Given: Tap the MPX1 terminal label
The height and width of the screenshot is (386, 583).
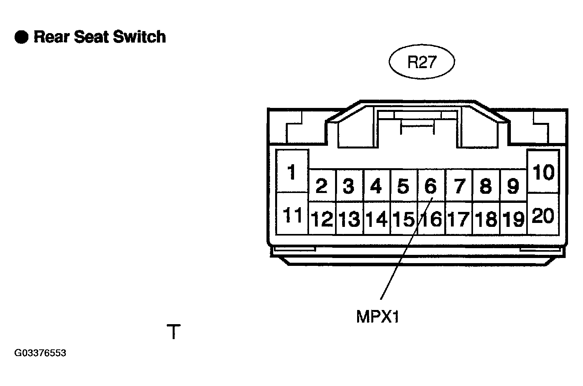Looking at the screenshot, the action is coord(377,317).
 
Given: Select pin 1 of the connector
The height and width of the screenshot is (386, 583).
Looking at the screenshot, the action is coord(292,171).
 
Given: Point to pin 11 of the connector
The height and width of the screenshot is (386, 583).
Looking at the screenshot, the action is coord(292,214).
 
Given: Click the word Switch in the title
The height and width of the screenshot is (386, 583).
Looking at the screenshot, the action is coord(139,37).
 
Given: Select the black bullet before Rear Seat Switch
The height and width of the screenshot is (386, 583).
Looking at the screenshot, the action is coord(21,37).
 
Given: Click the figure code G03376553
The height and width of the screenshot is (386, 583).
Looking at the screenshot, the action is coord(40,353).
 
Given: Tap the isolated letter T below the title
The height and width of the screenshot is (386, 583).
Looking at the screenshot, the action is coord(173,331).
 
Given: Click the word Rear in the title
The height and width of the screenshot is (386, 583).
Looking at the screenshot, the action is coord(52,37).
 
